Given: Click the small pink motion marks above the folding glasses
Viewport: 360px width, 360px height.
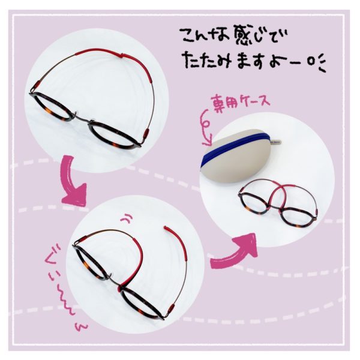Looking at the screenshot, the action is (x=127, y=217).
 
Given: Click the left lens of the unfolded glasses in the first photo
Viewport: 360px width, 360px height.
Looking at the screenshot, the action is (x=52, y=107).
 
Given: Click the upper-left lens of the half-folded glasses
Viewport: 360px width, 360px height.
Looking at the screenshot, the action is (x=92, y=263).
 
